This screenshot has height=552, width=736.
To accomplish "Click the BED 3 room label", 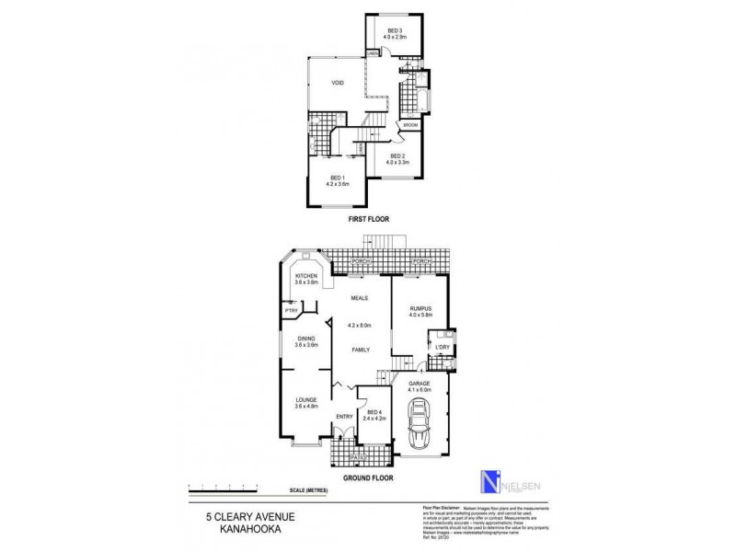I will click(395, 32).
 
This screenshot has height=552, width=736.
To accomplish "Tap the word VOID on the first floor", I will click(338, 84).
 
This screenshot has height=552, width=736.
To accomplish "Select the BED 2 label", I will click(397, 156).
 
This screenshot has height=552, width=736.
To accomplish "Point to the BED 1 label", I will click(338, 178).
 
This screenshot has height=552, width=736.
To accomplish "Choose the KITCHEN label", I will click(306, 276).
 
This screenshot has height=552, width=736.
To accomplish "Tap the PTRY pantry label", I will click(291, 311).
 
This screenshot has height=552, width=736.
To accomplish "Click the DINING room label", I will click(306, 338).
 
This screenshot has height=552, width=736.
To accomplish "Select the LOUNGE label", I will click(306, 399).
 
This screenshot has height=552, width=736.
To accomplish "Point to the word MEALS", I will click(359, 297).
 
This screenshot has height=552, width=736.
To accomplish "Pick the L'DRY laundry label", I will click(442, 347).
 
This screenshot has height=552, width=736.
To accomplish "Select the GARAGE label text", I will click(420, 383).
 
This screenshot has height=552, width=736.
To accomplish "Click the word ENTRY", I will click(344, 416).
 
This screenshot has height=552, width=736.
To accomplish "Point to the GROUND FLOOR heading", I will click(367, 479).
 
